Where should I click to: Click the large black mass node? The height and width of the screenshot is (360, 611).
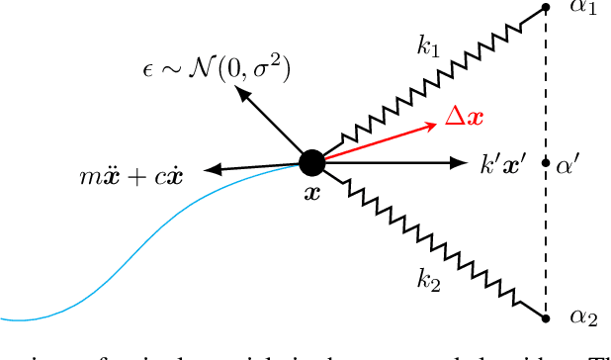311,162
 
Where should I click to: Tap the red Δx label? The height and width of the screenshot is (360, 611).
463,116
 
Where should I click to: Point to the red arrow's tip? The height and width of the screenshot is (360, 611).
435,125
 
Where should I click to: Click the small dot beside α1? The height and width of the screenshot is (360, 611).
547,9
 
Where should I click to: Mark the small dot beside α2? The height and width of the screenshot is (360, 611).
547,317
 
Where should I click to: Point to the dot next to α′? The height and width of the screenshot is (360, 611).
547,162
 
